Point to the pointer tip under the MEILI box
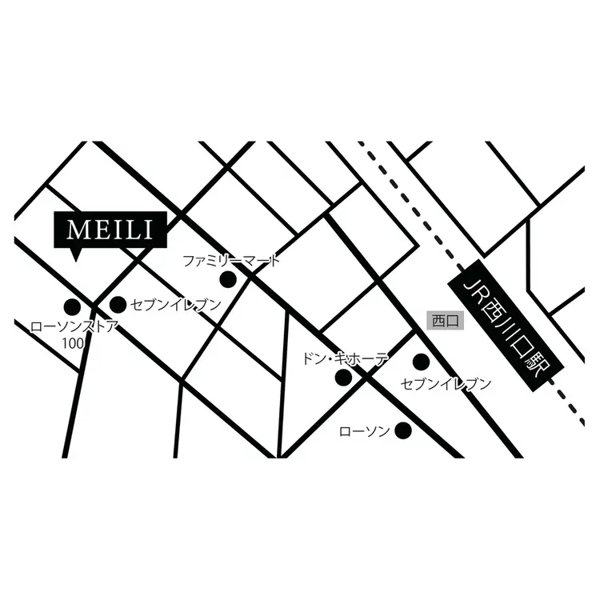point(74,258)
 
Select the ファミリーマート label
point(232,261)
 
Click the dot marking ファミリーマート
point(228,279)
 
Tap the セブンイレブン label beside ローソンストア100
point(175,304)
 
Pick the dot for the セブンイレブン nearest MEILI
point(118,304)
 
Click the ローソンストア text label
point(74,326)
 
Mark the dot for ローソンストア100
point(72,306)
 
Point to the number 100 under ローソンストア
point(74,342)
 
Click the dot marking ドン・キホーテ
point(342,377)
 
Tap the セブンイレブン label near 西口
point(446,384)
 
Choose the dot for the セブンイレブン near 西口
point(421,362)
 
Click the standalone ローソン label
point(365,431)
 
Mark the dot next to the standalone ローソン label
point(404,430)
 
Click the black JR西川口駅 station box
point(504,326)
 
